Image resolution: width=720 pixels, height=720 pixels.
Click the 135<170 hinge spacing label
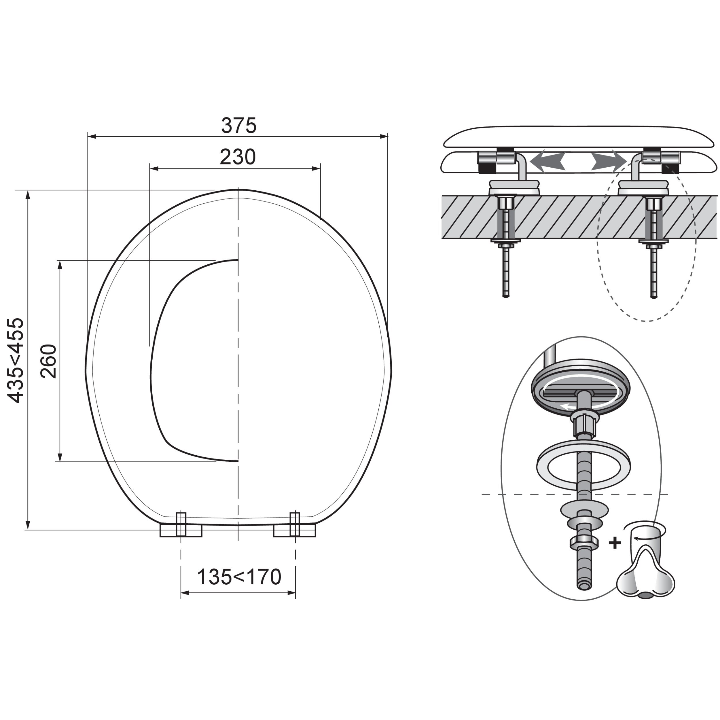[x=239, y=577]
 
